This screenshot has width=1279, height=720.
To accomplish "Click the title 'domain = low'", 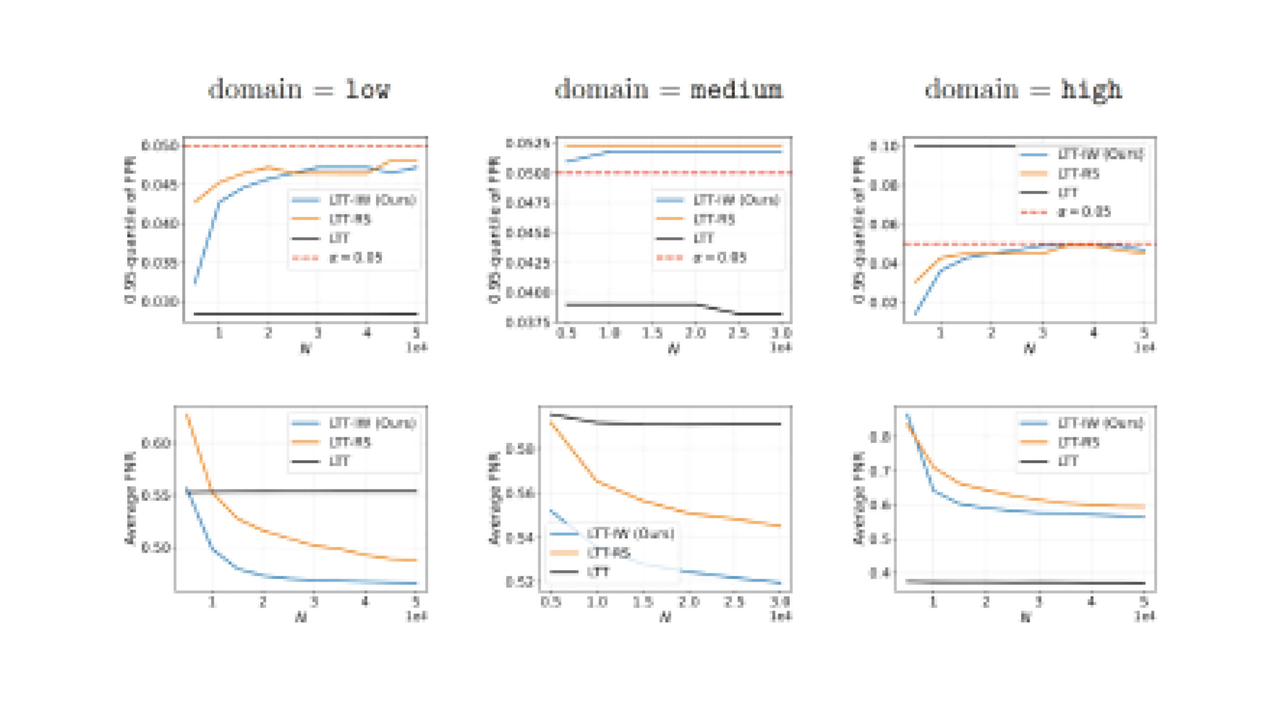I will tap(299, 90).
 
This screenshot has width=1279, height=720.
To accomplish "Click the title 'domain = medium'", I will tap(669, 90).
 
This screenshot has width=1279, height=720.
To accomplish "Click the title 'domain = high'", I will tap(1023, 90).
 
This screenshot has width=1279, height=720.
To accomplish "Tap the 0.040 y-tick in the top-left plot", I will tap(159, 223).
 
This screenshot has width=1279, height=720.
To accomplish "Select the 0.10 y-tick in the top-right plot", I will tap(884, 146).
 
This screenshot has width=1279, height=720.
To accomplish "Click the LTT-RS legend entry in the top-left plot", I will tap(350, 219).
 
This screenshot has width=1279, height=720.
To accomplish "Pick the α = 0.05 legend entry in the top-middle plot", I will tap(719, 257).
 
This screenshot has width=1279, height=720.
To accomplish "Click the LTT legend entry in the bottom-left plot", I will tap(339, 461).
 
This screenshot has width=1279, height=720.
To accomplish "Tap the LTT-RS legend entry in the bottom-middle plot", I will tap(609, 552).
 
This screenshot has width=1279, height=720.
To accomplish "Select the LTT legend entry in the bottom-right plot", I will tap(1068, 461).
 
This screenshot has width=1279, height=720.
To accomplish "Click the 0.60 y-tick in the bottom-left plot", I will tap(156, 443).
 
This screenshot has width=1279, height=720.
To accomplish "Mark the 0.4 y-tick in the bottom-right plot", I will tap(881, 572).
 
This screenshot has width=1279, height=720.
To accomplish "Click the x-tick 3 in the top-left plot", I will tap(318, 333).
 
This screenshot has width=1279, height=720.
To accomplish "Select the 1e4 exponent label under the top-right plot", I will tap(1145, 346).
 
